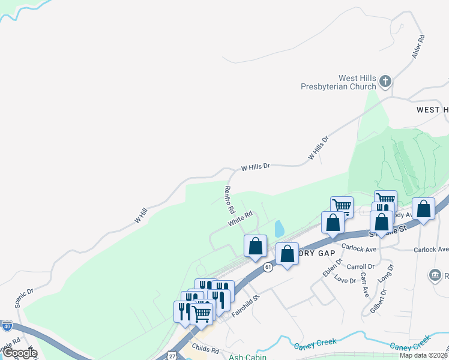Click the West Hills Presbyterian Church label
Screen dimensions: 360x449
[340, 82]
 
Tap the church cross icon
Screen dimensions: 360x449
[385, 80]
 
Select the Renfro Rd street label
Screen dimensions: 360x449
[228, 200]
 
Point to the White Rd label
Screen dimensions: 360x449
[239, 218]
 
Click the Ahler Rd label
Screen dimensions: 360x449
[418, 46]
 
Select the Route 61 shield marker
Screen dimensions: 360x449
[268, 267]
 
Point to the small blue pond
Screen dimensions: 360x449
[279, 229]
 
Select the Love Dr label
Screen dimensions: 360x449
[345, 280]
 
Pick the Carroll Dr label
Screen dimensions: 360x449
[361, 266]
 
